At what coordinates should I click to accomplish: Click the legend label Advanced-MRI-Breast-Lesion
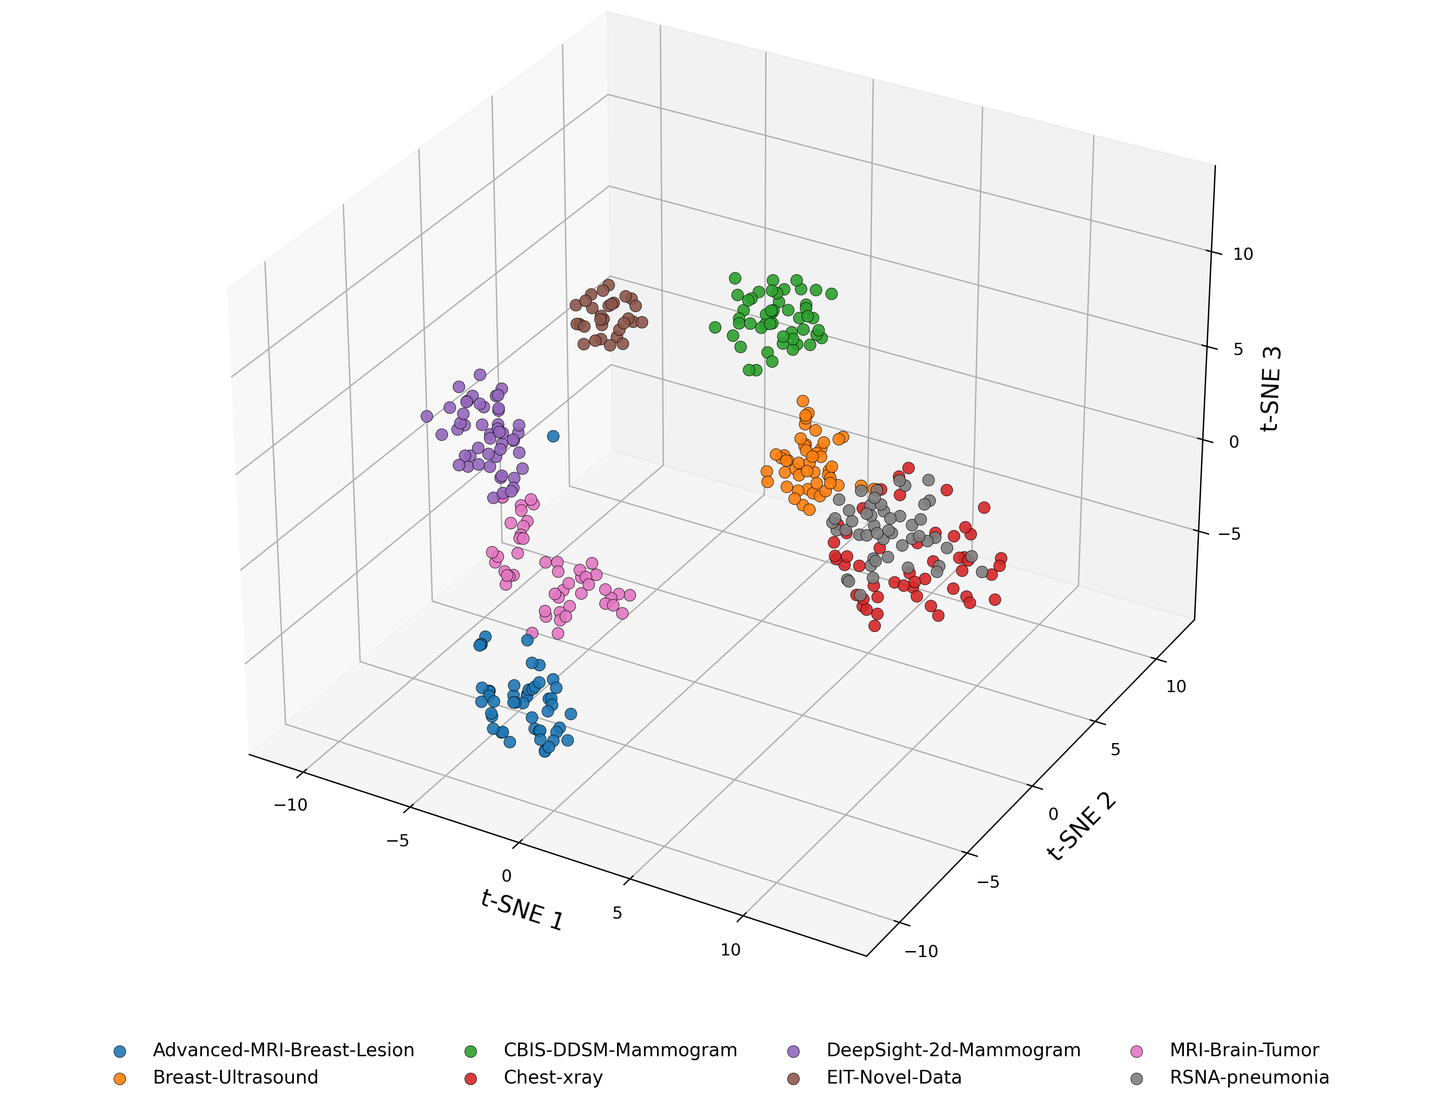pos(283,1050)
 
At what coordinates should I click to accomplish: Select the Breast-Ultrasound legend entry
pos(235,1078)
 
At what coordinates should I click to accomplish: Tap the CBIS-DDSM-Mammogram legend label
pos(620,1050)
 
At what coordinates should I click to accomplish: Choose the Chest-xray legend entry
pos(553,1078)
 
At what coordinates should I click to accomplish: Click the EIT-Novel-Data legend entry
pos(894,1078)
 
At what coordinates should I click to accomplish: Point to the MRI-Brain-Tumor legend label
pos(1244,1050)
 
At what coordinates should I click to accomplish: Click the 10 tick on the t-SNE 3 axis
pos(1242,255)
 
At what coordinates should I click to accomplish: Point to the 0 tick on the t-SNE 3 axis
pos(1234,442)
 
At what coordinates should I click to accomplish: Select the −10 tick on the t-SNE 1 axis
pos(291,805)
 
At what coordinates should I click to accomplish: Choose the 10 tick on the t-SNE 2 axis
pos(1175,686)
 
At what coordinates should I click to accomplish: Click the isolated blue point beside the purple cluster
pos(553,436)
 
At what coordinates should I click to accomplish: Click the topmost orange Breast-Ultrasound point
pos(802,401)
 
